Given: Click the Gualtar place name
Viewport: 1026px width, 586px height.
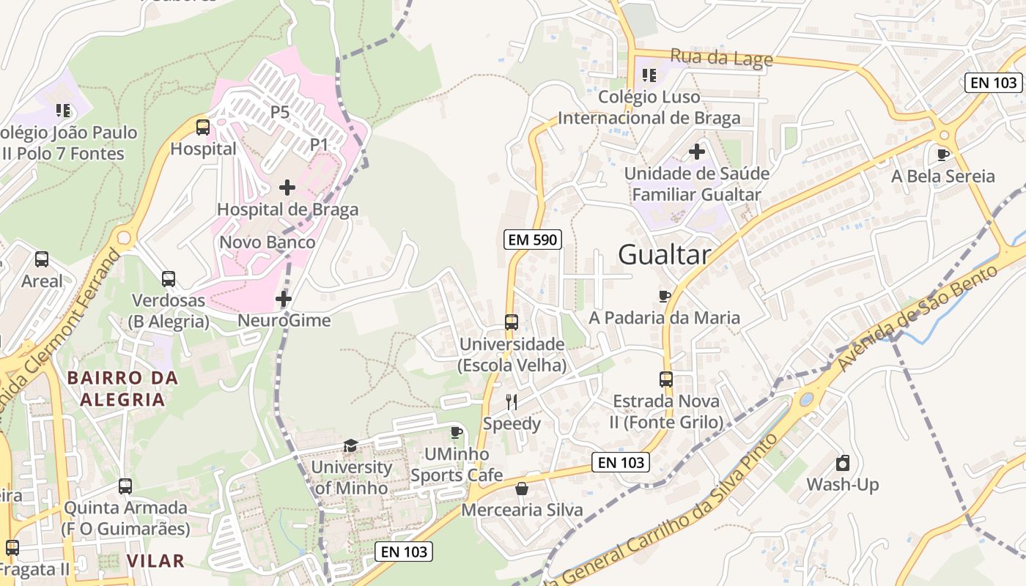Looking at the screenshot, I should coord(664,255).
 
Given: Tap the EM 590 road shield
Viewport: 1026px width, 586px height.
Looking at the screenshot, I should coord(533,239).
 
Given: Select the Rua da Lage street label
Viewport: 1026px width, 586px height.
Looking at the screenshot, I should coord(721,57).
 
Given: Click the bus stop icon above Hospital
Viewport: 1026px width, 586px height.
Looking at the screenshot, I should coord(203,127).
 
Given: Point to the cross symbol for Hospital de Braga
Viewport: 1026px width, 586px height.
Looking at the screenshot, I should coord(287,188).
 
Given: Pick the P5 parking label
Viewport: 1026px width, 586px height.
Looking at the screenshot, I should coord(280,112).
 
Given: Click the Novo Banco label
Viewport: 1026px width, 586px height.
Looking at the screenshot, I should coord(267,242).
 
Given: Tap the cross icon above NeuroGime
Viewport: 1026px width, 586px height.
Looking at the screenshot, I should coord(284,299).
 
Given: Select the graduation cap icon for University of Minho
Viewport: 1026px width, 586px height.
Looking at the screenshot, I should coord(351,446).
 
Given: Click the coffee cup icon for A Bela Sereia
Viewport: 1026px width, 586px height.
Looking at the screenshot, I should coord(943,155).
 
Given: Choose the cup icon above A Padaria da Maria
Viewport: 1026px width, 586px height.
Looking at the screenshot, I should coord(665,296).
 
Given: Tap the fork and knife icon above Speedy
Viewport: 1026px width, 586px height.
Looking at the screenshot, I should coord(512,401).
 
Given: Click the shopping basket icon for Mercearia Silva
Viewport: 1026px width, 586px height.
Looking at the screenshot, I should coord(522,488).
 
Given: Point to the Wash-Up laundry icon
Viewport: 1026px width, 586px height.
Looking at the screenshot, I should coord(843,463).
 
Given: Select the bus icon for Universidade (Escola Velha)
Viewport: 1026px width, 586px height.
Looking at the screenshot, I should coord(512,322).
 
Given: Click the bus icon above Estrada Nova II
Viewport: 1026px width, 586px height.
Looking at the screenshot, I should coord(666,379).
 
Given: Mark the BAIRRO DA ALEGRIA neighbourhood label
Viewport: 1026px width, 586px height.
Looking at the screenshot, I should coord(122,389).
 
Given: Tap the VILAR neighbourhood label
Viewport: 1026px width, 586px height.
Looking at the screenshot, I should coord(155,561).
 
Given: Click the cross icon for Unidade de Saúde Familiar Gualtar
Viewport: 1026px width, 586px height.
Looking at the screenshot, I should coord(697,152).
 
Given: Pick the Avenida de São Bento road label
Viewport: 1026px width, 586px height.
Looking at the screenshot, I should coord(918,317).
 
